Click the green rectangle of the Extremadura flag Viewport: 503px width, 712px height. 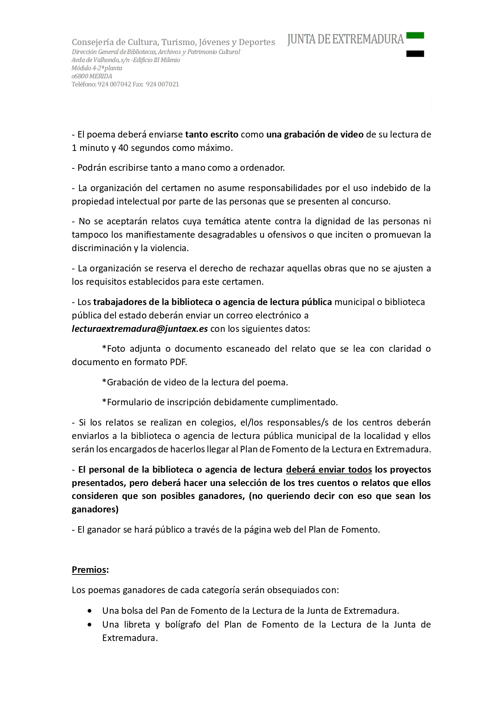(415, 35)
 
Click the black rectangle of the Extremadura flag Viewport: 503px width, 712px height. (415, 54)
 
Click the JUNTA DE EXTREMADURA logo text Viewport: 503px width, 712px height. (345, 39)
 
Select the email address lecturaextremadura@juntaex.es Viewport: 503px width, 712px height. (140, 329)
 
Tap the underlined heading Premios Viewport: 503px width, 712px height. (89, 570)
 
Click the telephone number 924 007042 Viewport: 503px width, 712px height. (114, 84)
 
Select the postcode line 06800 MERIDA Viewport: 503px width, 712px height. (92, 76)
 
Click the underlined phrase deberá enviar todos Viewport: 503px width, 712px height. (329, 469)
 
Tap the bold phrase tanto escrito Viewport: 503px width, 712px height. (212, 134)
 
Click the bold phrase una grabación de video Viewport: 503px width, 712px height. (315, 134)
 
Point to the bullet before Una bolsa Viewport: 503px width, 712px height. (89, 611)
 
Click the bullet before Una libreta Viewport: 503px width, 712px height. (89, 624)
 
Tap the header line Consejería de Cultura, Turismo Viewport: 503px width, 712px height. (173, 42)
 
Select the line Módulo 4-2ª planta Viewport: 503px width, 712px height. (97, 68)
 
